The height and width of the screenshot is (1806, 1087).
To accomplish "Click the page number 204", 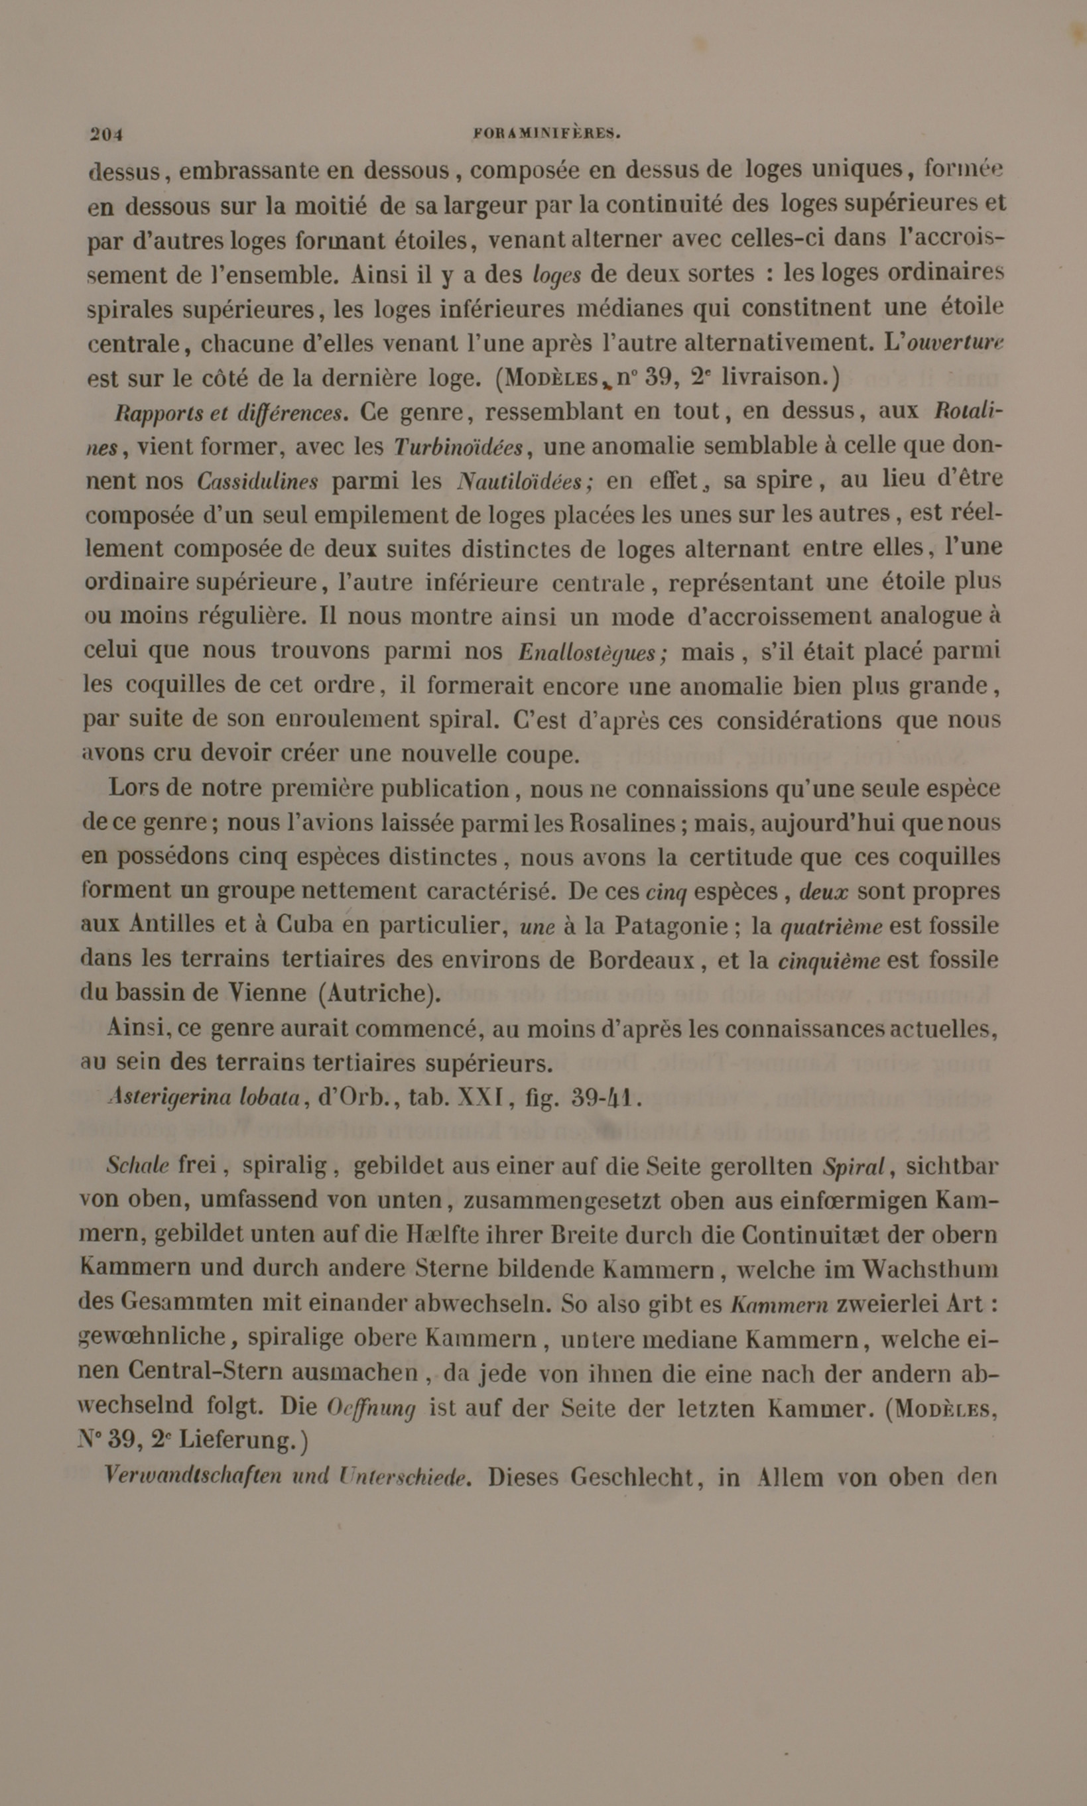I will (105, 134).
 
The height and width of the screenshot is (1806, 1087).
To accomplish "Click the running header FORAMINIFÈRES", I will (546, 133).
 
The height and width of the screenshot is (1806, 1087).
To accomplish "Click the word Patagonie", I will (671, 926).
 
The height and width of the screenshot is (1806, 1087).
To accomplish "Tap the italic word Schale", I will (138, 1166).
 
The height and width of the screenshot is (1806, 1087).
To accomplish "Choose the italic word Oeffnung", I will (371, 1408).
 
